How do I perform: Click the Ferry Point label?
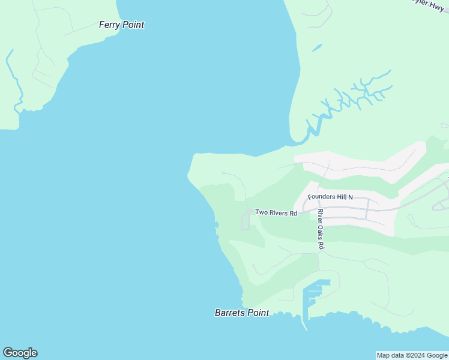click(x=121, y=25)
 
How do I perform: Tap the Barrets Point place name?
click(x=242, y=313)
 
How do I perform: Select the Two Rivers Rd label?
click(x=276, y=212)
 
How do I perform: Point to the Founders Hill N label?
click(x=330, y=197)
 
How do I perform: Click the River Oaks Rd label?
click(x=321, y=229)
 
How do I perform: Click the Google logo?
click(x=20, y=353)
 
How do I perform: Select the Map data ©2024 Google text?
click(x=412, y=355)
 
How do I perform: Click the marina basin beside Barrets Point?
click(x=315, y=294)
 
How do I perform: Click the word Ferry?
click(x=110, y=25)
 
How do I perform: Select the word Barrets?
click(x=230, y=313)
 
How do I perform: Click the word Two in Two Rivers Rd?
click(x=261, y=212)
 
